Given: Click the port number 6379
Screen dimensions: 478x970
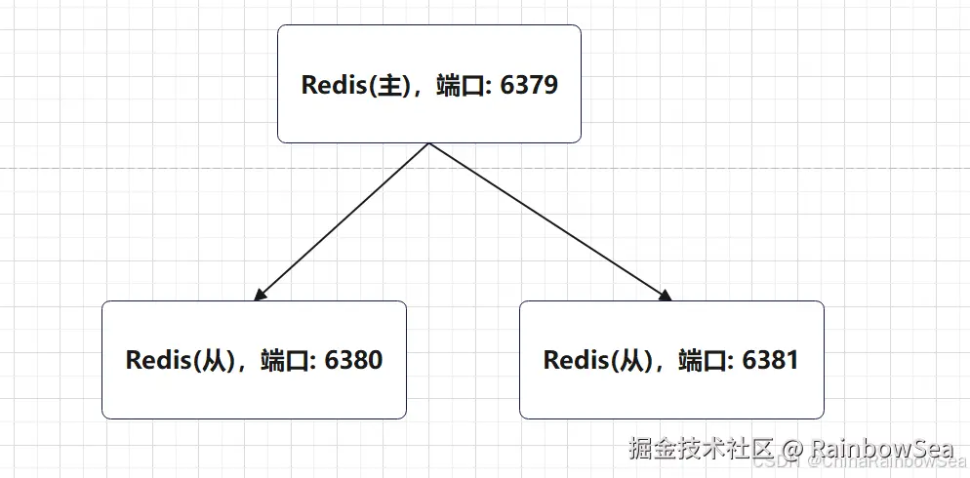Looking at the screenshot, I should click(529, 85).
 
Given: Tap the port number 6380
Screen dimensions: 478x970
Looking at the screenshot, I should click(353, 360).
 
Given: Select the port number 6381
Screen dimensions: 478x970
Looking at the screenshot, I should click(770, 360).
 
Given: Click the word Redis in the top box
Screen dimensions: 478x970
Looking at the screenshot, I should click(332, 85).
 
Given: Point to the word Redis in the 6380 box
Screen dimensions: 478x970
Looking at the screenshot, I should click(156, 360).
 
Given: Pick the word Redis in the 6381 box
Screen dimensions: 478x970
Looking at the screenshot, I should click(574, 360).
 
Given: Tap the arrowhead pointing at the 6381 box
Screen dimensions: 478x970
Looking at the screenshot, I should click(667, 296).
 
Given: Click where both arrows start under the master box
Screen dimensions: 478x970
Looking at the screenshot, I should click(429, 144).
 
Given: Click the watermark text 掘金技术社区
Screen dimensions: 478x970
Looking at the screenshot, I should click(702, 450).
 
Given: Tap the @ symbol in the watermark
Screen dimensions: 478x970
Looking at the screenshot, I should click(791, 450).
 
